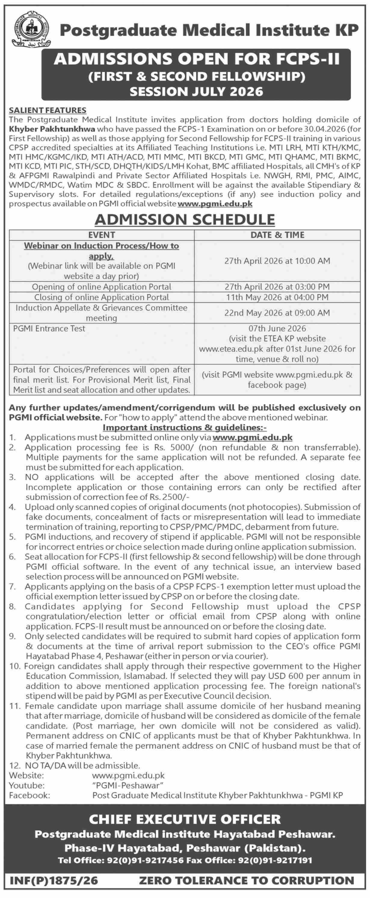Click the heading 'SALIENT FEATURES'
click(48, 110)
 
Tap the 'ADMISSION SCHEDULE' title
click(185, 219)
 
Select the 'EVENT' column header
click(101, 235)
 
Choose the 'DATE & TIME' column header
click(277, 235)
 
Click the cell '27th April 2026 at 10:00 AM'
click(277, 261)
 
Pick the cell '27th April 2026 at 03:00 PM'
click(277, 287)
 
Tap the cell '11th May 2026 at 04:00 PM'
click(277, 297)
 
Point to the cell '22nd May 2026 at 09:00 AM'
click(277, 313)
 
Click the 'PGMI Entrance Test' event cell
click(49, 328)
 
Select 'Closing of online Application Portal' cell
click(101, 297)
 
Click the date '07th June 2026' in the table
click(277, 328)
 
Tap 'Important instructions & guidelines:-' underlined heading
click(185, 427)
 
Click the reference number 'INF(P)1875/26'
click(54, 881)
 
